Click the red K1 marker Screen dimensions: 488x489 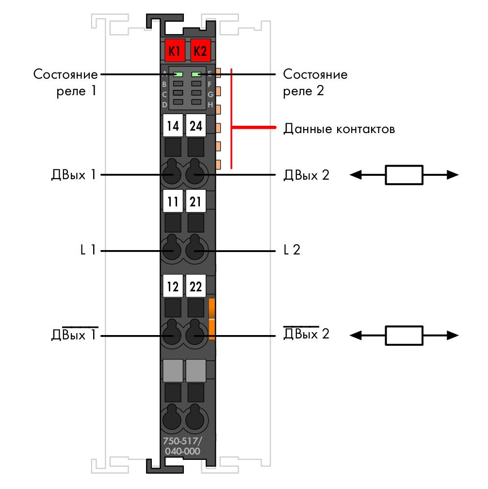(175, 51)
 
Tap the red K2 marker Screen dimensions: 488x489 (200, 51)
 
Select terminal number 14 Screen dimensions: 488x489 (173, 125)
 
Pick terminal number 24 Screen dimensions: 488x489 (196, 125)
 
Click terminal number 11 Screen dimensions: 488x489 (173, 201)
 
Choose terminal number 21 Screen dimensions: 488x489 (196, 201)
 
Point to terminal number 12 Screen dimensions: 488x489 (173, 286)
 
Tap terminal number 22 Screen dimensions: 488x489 (196, 286)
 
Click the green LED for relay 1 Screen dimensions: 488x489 (178, 74)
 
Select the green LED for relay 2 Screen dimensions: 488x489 (196, 74)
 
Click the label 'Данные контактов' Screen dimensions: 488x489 (339, 129)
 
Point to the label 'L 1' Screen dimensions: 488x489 (88, 250)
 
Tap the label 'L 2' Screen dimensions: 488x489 (292, 250)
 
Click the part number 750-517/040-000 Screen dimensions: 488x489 (182, 446)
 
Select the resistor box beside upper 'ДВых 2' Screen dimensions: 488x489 (404, 175)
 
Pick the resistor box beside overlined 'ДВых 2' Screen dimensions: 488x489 (404, 336)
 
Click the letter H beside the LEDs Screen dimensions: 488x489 (211, 105)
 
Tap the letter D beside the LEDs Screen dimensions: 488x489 (164, 105)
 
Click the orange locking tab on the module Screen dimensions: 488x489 (211, 319)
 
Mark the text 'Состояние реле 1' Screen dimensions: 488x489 (65, 83)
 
